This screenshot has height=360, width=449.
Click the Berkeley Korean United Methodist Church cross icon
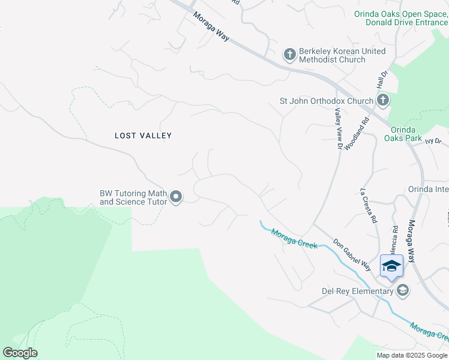click(290, 55)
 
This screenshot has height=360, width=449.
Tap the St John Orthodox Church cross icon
click(383, 101)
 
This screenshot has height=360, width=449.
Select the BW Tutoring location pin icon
click(176, 197)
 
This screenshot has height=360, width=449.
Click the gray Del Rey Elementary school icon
click(403, 292)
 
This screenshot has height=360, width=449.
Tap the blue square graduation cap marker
click(391, 266)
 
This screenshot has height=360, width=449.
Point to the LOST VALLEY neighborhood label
click(143, 136)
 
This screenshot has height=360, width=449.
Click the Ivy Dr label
click(433, 141)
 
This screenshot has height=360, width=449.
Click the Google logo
click(20, 353)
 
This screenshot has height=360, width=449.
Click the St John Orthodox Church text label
click(327, 101)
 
